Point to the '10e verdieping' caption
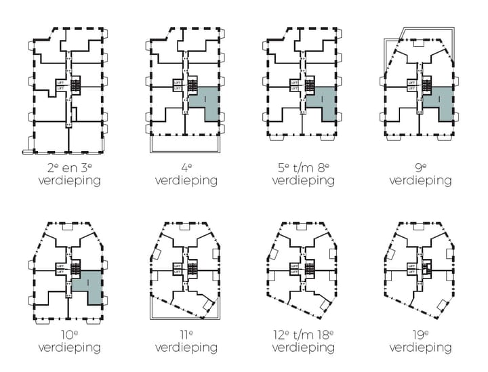click(x=69, y=342)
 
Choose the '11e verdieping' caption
click(x=186, y=342)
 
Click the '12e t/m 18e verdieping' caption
click(x=303, y=342)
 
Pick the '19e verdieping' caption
click(x=420, y=342)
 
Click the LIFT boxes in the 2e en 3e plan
click(x=60, y=85)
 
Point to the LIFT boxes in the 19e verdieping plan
click(x=411, y=268)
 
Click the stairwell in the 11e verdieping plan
click(x=192, y=268)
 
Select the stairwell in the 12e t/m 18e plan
click(x=309, y=268)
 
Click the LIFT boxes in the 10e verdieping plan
click(x=60, y=268)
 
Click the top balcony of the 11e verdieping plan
click(x=184, y=228)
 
